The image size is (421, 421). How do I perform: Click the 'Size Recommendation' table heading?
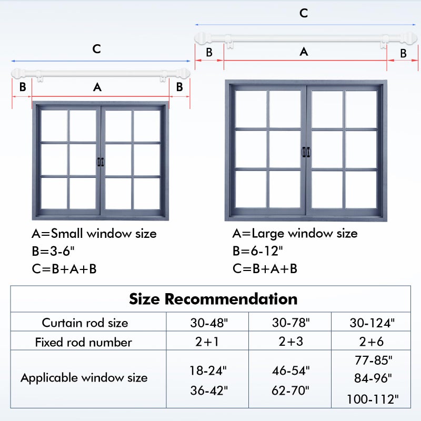[x=213, y=299]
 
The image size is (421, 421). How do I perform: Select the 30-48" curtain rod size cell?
[x=209, y=323]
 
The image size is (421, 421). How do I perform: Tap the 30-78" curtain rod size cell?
[x=291, y=323]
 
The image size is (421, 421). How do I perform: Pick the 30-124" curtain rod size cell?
[x=372, y=323]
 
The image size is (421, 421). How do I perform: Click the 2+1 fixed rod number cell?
[x=207, y=342]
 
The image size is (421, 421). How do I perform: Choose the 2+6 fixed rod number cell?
[x=372, y=342]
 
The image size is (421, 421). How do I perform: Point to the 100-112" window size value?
[x=373, y=399]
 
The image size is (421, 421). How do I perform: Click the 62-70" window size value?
[x=290, y=390]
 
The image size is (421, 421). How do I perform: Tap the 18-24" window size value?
[x=208, y=370]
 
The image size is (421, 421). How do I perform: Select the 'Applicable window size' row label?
[x=84, y=378]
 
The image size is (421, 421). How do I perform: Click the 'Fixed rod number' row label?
[x=84, y=342]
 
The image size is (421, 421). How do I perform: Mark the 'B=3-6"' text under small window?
[x=53, y=251]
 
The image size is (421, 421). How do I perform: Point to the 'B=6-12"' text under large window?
[x=258, y=251]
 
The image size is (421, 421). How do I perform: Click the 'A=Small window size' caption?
[x=94, y=233]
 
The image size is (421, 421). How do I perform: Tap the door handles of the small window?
[x=101, y=162]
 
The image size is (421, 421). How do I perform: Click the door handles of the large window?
[x=306, y=152]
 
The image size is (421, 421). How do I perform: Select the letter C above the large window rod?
[x=304, y=13]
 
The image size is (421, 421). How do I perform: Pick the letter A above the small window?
[x=97, y=87]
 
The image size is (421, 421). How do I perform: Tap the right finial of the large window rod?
[x=410, y=38]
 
